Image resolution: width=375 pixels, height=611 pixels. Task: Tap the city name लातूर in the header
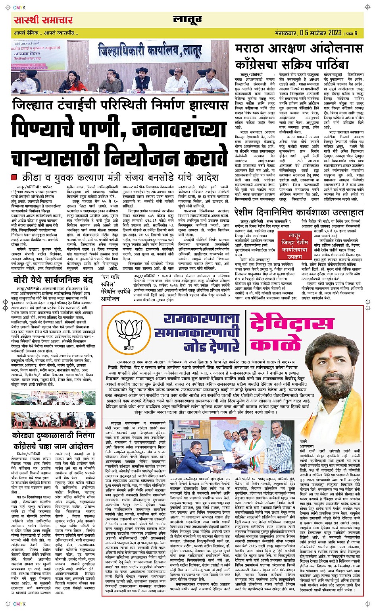point(187,19)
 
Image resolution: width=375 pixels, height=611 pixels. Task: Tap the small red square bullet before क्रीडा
point(15,177)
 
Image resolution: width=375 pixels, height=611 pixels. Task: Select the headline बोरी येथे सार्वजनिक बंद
point(54,279)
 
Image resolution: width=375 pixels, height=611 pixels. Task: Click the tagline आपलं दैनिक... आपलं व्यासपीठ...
point(46,33)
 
